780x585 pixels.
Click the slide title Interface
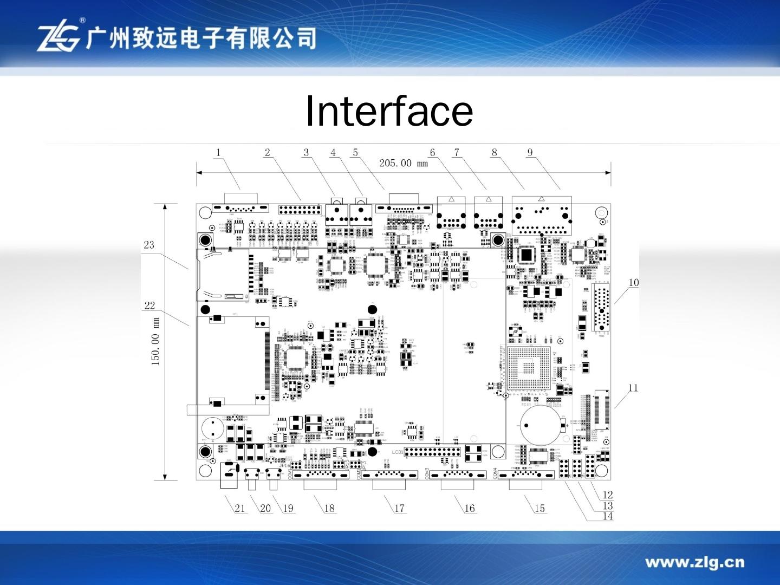389,111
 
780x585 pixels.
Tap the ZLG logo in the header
58,38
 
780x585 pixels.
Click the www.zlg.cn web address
694,562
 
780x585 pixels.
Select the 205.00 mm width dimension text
403,163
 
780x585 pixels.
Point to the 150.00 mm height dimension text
155,341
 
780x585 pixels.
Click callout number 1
218,153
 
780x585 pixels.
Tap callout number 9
530,153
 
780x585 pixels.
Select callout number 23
149,245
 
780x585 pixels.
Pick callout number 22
149,305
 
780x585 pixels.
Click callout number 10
633,282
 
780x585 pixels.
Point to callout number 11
633,388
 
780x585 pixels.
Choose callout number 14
608,516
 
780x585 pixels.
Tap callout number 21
239,508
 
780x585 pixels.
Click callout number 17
399,508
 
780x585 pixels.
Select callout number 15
539,508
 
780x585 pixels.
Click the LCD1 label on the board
397,452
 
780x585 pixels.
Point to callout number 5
355,153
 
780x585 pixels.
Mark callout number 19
288,508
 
